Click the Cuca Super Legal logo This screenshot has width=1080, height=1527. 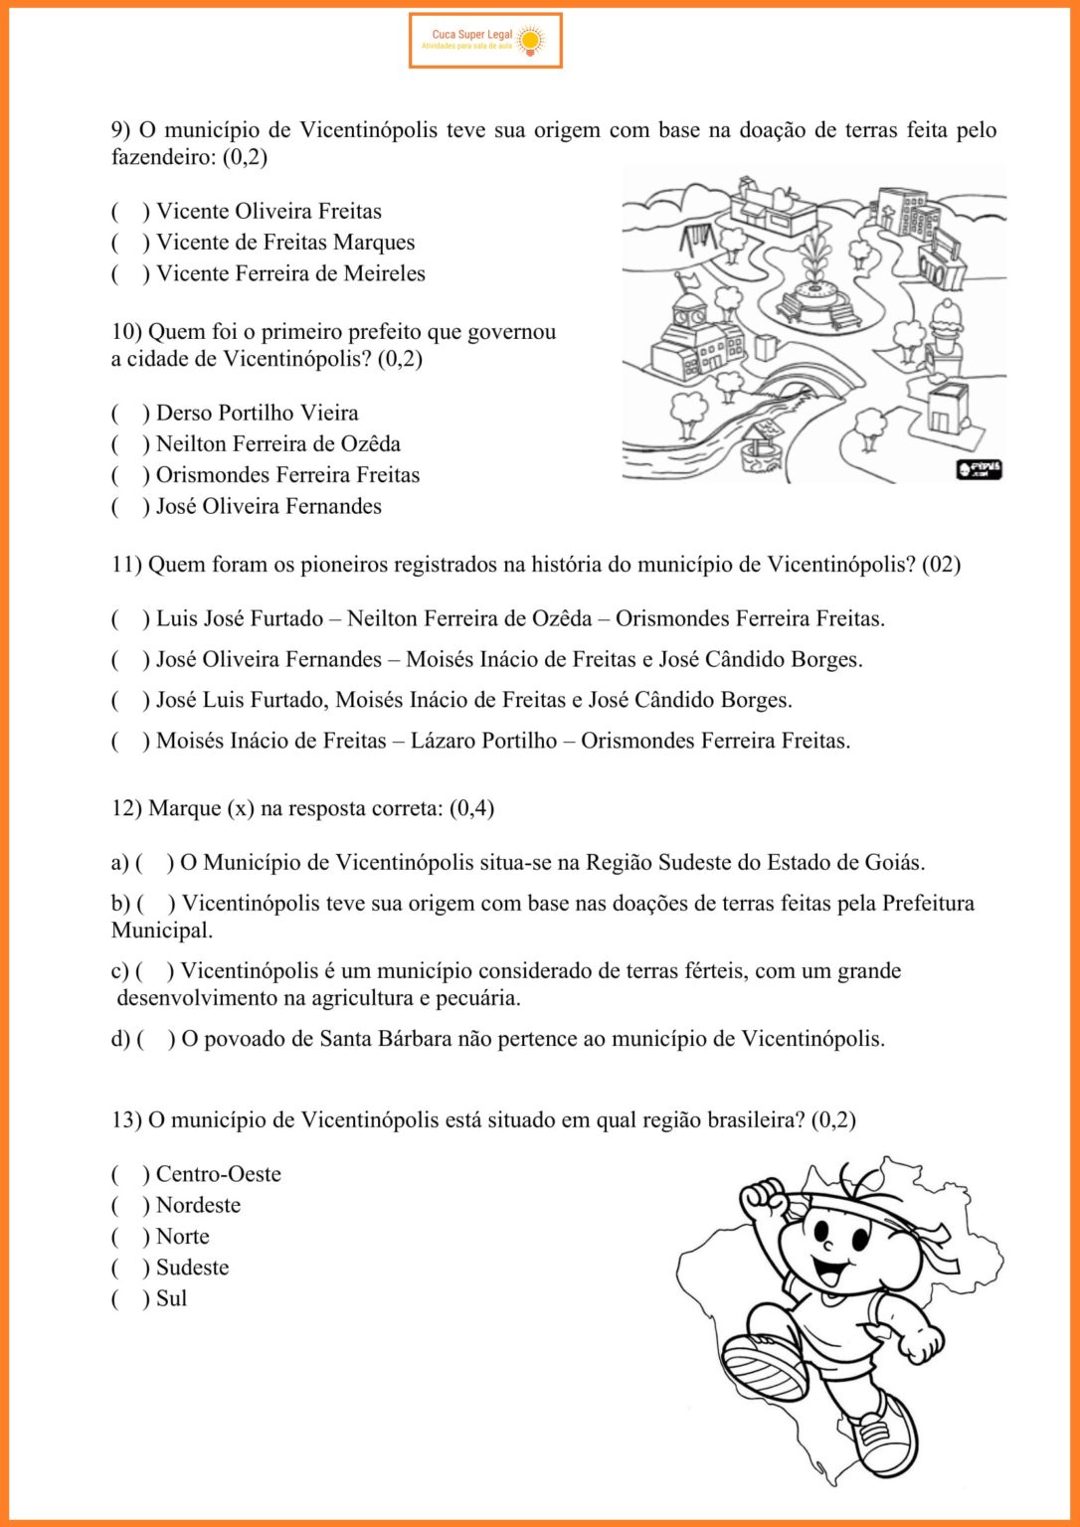(485, 41)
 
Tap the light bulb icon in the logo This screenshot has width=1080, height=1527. (530, 40)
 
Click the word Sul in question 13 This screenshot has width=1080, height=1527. (171, 1299)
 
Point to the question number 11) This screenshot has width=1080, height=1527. (126, 565)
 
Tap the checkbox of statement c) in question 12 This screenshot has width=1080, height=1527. (154, 971)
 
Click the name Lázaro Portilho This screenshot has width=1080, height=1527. (483, 741)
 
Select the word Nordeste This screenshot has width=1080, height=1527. (198, 1206)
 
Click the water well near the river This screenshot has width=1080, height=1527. (760, 443)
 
